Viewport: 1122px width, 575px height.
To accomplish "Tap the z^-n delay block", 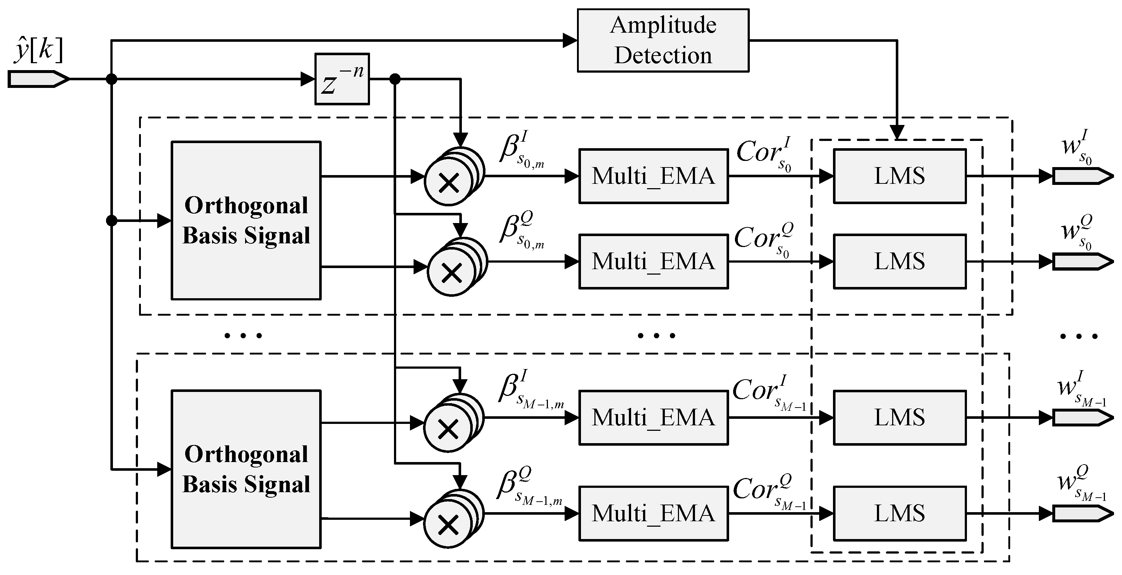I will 342,79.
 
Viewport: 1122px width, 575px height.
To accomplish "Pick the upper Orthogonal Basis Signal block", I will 246,220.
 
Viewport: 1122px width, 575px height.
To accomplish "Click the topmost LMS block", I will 899,176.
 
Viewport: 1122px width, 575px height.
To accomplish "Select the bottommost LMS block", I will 899,513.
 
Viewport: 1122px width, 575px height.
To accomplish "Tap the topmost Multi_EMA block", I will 653,176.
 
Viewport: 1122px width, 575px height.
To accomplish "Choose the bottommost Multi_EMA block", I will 653,513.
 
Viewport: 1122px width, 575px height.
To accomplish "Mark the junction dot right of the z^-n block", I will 395,79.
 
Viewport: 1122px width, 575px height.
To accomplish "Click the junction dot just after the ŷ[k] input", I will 111,79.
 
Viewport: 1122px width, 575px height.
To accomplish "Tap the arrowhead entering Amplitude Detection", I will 570,41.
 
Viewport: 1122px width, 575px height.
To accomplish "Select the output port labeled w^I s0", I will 1082,176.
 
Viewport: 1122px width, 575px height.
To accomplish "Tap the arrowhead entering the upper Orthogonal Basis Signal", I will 164,220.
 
